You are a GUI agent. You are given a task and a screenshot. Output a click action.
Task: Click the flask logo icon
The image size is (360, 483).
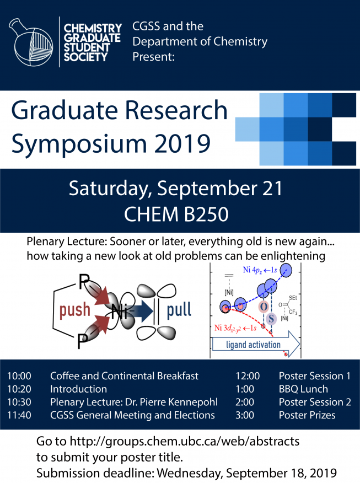click(31, 42)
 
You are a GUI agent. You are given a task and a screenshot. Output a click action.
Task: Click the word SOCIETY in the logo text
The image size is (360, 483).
click(85, 57)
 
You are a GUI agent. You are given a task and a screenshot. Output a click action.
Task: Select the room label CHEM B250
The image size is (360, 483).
click(176, 214)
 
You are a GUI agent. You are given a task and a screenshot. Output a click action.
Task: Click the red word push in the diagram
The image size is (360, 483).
click(75, 310)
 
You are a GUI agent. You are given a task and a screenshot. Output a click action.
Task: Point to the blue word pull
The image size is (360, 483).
click(179, 310)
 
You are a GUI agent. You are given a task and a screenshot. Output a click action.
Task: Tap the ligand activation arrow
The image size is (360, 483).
click(256, 345)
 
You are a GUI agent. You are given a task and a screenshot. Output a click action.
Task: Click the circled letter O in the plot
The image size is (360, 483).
click(264, 307)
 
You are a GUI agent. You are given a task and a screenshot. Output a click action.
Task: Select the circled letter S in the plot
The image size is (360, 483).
click(271, 319)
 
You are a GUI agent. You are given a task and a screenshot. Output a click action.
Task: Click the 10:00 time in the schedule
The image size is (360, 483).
click(19, 376)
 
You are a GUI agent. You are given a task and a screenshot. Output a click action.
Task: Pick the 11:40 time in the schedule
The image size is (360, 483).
click(19, 415)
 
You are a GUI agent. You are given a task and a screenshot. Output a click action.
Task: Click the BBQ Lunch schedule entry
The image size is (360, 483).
click(303, 389)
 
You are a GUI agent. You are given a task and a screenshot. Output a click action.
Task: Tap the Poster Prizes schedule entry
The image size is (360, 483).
click(307, 415)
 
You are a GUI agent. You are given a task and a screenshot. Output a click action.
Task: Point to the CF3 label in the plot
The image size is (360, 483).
click(293, 312)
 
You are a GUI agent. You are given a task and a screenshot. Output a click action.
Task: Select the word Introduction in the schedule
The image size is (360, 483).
click(78, 389)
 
